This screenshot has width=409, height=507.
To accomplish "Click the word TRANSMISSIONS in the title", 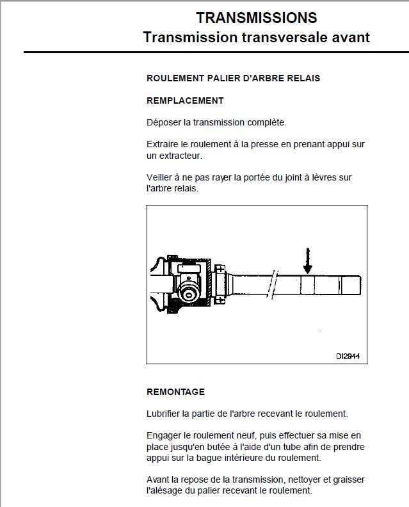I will coord(256,17).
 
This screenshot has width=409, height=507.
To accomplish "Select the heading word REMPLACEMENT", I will coord(185,101).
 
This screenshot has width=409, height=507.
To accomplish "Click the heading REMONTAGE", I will coord(175,392).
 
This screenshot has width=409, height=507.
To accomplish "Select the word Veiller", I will coord(161,177).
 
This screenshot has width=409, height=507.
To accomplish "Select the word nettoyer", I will coord(311,480).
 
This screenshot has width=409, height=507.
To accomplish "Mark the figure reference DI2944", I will coord(347,356).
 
